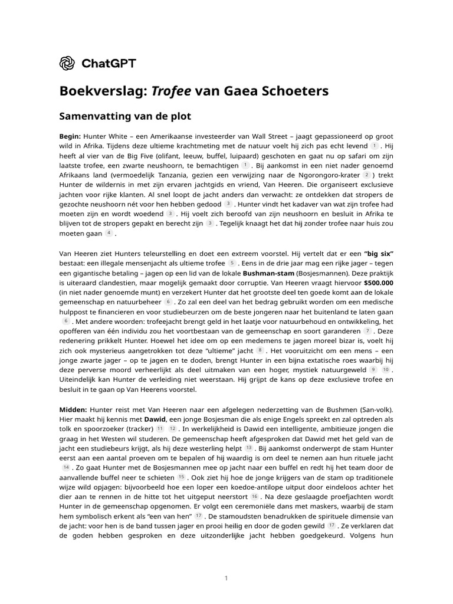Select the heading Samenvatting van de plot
(126, 116)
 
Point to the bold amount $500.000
(379, 283)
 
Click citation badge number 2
(367, 175)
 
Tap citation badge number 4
(109, 234)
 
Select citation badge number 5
(232, 262)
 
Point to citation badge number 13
(249, 448)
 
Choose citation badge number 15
(181, 477)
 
